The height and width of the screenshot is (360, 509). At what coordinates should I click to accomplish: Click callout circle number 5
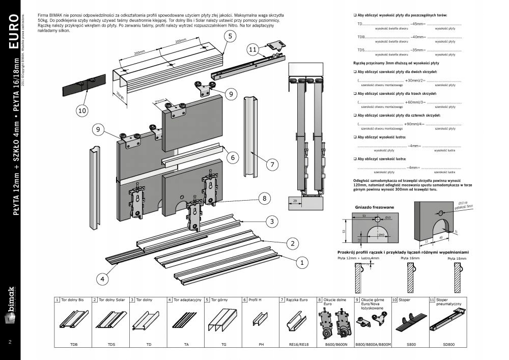(230, 36)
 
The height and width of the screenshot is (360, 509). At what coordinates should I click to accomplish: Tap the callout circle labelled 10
(82, 109)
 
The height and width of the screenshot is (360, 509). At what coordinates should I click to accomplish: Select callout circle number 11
(253, 49)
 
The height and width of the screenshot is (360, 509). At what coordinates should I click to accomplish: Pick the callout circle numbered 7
(272, 164)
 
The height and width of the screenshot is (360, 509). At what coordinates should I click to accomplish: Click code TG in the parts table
(223, 345)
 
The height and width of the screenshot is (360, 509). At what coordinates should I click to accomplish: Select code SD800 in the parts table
(449, 345)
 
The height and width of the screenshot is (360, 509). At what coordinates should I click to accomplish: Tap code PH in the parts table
(261, 345)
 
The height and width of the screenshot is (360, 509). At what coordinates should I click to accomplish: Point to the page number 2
(10, 341)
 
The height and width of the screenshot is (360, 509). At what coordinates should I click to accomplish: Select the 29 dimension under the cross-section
(295, 202)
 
